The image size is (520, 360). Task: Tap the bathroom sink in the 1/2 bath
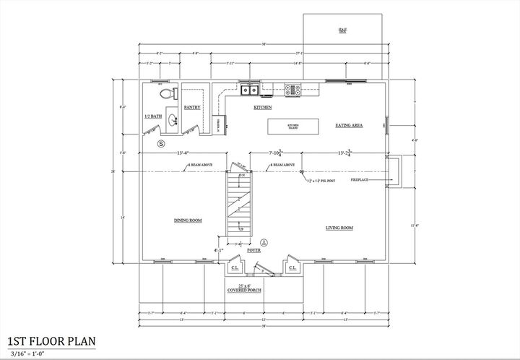(173, 120)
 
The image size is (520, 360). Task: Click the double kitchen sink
(250, 90)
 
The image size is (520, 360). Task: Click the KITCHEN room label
(262, 108)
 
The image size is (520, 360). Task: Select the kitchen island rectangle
(293, 127)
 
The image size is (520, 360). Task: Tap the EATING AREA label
(349, 126)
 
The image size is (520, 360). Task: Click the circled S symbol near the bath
(160, 143)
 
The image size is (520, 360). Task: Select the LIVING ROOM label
(339, 228)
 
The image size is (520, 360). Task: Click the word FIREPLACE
(360, 179)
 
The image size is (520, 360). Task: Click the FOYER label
(253, 250)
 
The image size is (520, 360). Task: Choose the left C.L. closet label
(235, 268)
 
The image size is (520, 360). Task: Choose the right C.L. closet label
(292, 268)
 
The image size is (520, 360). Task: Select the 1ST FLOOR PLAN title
(50, 340)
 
